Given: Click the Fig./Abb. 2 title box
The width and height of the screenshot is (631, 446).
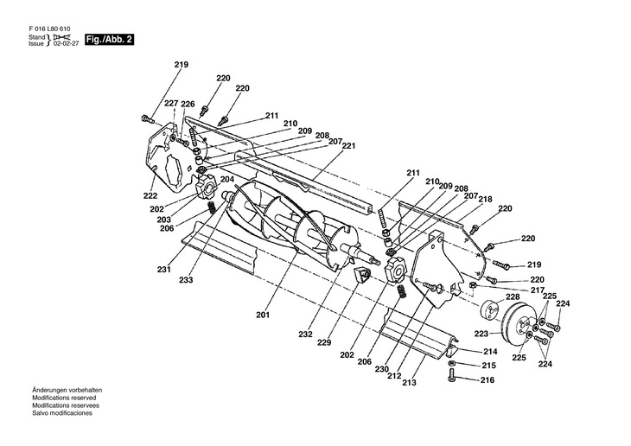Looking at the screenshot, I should (109, 40).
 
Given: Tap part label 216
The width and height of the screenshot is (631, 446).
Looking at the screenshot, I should (488, 379).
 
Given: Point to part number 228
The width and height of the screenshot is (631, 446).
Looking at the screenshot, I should (513, 296).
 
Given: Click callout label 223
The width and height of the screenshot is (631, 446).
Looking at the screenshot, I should (481, 333).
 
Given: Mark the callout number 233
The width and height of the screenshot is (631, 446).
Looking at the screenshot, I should (186, 280).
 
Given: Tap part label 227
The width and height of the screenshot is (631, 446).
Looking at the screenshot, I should (171, 104).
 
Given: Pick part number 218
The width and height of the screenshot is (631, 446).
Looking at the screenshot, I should (486, 199).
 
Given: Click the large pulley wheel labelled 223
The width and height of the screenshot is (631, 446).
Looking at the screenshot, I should (517, 329).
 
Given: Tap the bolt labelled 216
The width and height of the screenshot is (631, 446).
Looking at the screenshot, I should (452, 374).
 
